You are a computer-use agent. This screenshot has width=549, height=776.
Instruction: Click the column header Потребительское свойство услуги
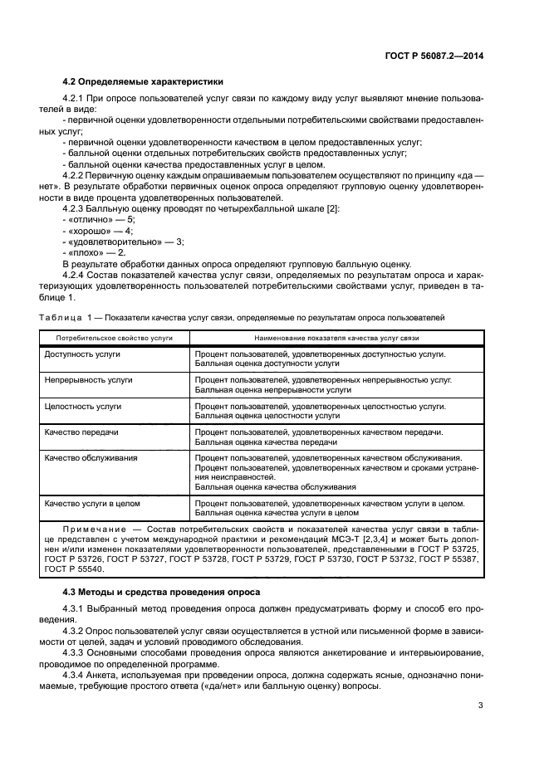click(x=115, y=339)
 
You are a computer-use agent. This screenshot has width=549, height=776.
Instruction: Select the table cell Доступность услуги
click(x=82, y=354)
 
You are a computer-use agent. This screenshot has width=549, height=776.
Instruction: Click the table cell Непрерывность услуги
click(x=88, y=380)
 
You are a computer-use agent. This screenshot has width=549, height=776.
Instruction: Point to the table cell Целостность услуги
click(x=83, y=407)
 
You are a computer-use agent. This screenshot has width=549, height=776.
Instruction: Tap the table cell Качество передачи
click(x=81, y=432)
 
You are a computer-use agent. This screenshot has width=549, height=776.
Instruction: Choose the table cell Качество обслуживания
click(x=91, y=457)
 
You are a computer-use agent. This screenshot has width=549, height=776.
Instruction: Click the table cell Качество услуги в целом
click(x=92, y=503)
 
